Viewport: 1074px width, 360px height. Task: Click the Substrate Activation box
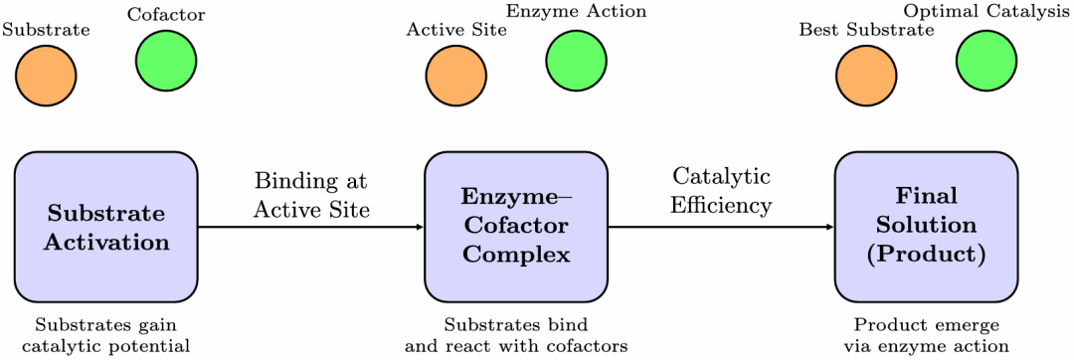click(x=106, y=227)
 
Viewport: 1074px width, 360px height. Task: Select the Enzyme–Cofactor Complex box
click(x=516, y=227)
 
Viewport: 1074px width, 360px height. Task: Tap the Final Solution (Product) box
click(x=926, y=227)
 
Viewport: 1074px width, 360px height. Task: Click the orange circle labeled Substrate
click(x=46, y=76)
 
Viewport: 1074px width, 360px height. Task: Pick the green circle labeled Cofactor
click(x=166, y=60)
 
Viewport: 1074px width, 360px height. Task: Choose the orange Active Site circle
click(x=456, y=76)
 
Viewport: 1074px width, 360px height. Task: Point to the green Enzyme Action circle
click(x=577, y=60)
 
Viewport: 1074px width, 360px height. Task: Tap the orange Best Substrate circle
click(x=866, y=76)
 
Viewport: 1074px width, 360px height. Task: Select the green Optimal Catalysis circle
click(x=986, y=60)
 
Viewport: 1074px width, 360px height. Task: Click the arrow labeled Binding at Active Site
click(x=310, y=227)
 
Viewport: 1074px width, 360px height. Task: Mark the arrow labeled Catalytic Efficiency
click(x=720, y=227)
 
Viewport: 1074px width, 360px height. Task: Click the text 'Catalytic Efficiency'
click(x=721, y=191)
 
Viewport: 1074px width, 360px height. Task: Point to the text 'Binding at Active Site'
click(x=311, y=195)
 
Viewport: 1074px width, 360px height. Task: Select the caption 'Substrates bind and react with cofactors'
click(x=516, y=335)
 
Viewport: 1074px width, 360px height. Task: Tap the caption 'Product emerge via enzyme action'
click(x=926, y=335)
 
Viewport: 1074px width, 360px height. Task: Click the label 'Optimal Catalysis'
click(x=986, y=13)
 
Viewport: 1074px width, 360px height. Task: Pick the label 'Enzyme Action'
click(x=577, y=13)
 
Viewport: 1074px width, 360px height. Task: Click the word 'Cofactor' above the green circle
click(x=166, y=14)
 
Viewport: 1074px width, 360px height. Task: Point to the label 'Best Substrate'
click(x=866, y=30)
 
